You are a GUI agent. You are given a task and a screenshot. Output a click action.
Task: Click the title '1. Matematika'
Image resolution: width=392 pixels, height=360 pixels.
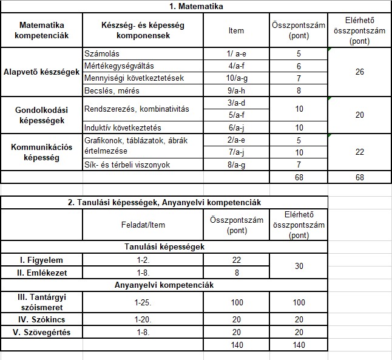195,7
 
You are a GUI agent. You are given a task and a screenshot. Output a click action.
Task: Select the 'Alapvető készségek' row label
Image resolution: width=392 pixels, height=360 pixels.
41,72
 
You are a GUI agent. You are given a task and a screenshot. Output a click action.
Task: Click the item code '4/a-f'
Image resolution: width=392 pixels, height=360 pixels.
237,66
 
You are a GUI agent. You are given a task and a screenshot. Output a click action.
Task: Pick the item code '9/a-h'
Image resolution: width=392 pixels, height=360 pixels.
237,90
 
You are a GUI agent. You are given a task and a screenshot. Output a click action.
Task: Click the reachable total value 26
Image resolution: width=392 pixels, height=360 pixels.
359,72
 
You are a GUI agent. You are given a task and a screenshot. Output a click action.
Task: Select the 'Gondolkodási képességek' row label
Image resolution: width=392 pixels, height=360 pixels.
41,115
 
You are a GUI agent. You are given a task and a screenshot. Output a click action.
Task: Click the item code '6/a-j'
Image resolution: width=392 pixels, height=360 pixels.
237,127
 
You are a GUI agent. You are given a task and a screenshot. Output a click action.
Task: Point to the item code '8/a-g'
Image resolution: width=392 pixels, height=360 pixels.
237,165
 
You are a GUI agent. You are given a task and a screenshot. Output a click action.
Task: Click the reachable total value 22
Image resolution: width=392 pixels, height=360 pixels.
359,152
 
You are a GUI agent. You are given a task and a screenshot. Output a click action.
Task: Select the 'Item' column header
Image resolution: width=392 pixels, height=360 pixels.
237,30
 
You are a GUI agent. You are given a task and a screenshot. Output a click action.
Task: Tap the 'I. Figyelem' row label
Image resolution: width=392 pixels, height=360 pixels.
41,260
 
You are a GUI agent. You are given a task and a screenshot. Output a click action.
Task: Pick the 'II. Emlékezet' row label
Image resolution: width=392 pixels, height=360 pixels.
41,273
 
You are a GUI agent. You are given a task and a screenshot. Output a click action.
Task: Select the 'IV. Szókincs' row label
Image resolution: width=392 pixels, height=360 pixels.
41,320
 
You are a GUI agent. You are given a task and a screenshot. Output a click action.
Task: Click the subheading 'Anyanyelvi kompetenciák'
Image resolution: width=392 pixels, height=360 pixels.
164,285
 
